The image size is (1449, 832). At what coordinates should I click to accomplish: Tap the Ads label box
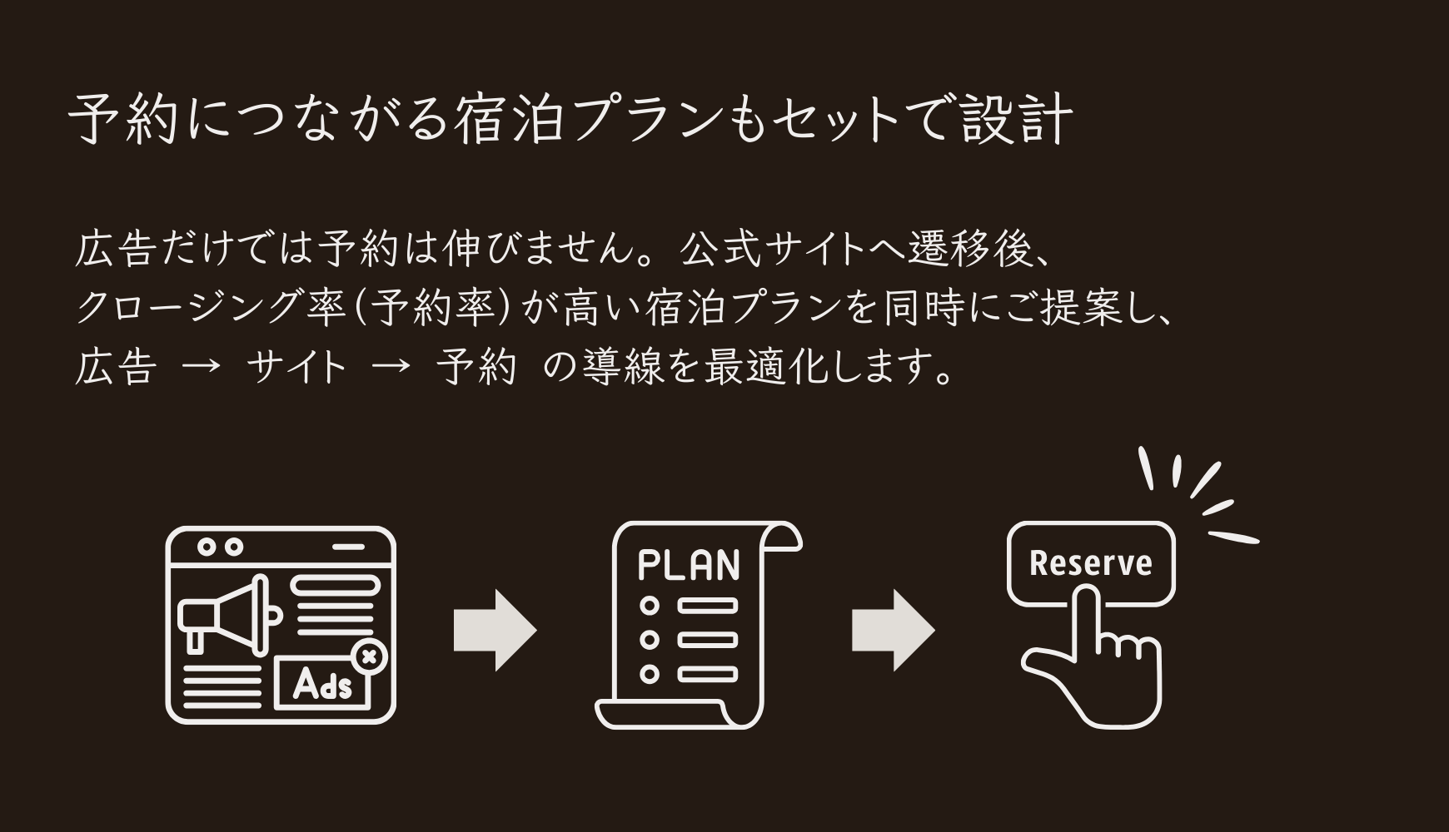(323, 686)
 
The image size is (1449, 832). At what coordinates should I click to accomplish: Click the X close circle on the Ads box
(370, 657)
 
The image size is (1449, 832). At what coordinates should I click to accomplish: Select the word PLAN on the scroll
(688, 565)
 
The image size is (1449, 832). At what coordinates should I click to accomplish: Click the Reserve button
(1090, 562)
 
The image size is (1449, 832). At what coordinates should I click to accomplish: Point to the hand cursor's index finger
(1084, 616)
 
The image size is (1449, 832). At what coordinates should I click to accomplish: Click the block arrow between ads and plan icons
(495, 631)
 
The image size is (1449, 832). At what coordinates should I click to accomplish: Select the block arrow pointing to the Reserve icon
(893, 631)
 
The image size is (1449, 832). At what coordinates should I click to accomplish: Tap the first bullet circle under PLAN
(649, 605)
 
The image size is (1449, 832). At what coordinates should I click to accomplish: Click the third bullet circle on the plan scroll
(649, 673)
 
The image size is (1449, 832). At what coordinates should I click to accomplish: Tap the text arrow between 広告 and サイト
(202, 367)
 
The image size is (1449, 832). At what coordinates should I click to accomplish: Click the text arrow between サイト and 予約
(391, 367)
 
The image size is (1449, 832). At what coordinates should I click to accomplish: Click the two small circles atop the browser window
(220, 547)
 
